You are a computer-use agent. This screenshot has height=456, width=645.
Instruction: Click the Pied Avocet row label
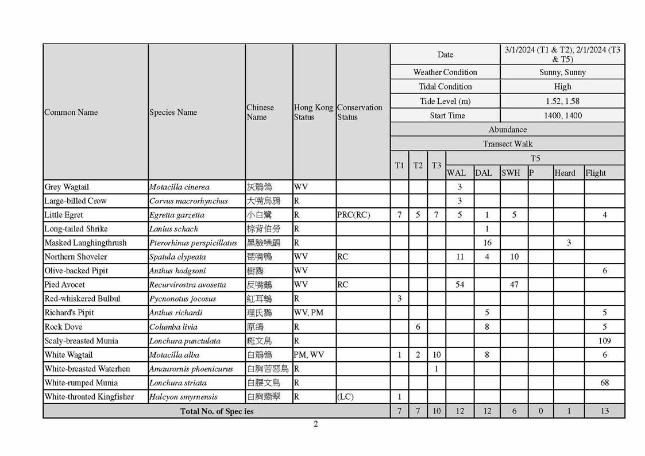(x=64, y=285)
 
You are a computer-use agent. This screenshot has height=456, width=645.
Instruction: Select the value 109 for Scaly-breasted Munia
(x=604, y=341)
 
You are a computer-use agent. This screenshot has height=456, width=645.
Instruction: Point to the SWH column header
(x=511, y=172)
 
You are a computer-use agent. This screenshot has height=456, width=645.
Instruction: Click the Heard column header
(x=565, y=172)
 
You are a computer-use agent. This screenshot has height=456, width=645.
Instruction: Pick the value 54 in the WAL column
(x=459, y=285)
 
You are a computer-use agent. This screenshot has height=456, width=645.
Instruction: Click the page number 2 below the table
(x=315, y=424)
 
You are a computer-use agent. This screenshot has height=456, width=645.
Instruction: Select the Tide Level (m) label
(x=445, y=101)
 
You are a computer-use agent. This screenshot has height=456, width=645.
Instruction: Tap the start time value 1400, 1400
(x=562, y=115)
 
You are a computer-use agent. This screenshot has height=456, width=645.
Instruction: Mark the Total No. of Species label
(x=217, y=411)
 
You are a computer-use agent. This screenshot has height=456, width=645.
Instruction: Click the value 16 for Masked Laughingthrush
(x=487, y=243)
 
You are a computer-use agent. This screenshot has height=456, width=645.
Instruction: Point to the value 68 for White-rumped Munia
(x=604, y=382)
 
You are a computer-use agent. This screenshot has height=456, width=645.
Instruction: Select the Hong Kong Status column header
(x=313, y=112)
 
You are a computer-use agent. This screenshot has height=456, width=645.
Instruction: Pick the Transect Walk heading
(x=507, y=144)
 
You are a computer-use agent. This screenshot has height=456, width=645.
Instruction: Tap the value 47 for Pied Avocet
(x=514, y=285)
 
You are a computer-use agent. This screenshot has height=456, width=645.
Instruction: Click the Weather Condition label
(x=445, y=72)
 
